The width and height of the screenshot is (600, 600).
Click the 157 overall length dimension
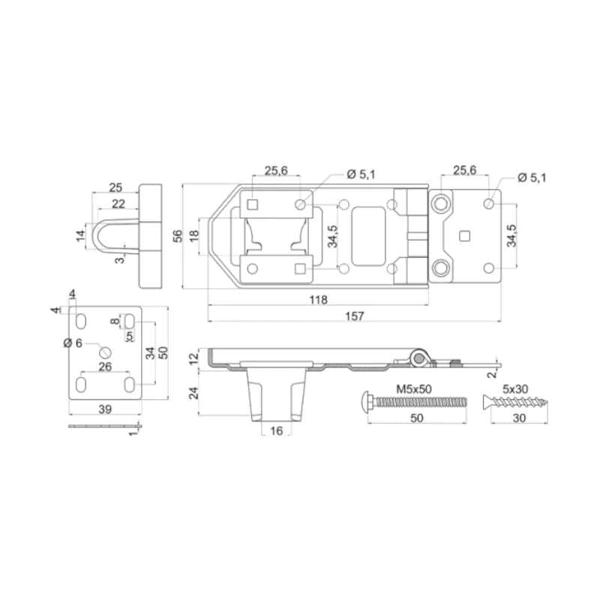[355, 316]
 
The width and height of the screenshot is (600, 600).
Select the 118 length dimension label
[318, 299]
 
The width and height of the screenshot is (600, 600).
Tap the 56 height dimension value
[178, 236]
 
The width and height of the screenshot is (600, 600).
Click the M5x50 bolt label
[414, 389]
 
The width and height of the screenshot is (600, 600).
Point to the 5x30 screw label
[515, 389]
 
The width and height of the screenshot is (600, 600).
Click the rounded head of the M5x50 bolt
[366, 402]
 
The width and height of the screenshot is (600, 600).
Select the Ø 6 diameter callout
[73, 343]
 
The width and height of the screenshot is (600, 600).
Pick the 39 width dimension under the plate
[105, 409]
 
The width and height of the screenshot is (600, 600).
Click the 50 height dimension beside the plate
[163, 352]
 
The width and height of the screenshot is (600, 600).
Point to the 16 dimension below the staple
[276, 430]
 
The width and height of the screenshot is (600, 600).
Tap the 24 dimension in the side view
[194, 393]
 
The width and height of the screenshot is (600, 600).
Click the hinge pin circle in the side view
[419, 358]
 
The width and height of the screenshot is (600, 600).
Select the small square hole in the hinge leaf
[464, 236]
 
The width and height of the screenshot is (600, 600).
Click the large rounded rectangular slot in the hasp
[368, 236]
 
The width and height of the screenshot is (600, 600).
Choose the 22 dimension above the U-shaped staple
[118, 203]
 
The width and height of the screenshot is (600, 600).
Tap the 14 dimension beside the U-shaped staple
[80, 235]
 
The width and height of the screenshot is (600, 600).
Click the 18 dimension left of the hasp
[194, 235]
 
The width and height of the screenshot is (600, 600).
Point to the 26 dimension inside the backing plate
[105, 367]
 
